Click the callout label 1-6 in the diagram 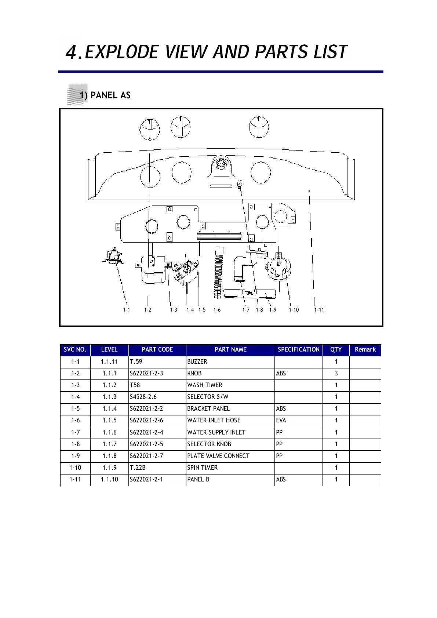pos(217,310)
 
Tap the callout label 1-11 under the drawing pos(319,310)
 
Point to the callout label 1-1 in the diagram pos(126,310)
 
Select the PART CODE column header pos(157,349)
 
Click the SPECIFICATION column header pos(298,349)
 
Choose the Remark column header pos(365,349)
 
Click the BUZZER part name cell pos(197,361)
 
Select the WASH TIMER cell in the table pos(205,385)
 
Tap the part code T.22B pos(138,468)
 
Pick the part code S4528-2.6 pos(143,397)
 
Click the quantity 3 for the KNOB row pos(336,373)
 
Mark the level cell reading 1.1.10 pos(109,479)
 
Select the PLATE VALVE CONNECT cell pos(218,456)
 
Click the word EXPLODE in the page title pos(121,52)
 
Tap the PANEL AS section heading pos(110,95)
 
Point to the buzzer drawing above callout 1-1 pos(114,256)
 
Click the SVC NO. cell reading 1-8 pos(75,444)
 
